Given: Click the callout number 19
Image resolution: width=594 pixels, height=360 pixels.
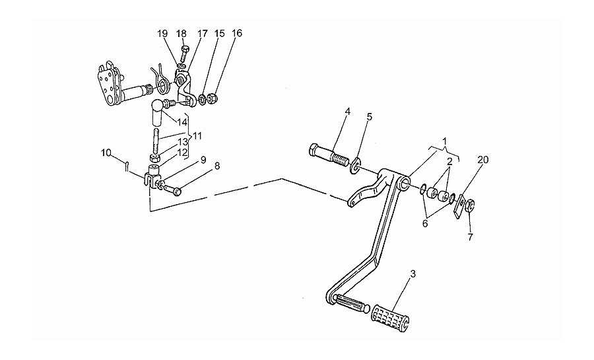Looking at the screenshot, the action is (x=162, y=33).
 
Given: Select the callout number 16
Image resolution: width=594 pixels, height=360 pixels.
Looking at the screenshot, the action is (x=237, y=33).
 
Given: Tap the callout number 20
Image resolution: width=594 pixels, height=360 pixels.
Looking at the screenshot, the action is (x=482, y=160).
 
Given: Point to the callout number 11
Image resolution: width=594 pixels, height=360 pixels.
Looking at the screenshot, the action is (x=197, y=135).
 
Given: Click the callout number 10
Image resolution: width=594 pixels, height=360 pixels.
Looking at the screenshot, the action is (x=106, y=153).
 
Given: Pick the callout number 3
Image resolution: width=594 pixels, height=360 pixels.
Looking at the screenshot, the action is (x=413, y=273).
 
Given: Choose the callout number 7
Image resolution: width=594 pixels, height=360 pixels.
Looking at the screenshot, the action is (x=470, y=237).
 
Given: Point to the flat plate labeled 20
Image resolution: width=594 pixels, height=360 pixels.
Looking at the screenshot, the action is (x=459, y=206).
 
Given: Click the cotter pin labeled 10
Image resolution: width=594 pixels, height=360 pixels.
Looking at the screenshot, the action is (x=127, y=166).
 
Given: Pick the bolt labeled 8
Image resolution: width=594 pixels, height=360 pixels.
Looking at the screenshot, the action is (x=173, y=190).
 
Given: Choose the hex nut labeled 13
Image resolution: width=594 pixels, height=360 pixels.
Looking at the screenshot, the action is (x=154, y=158).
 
